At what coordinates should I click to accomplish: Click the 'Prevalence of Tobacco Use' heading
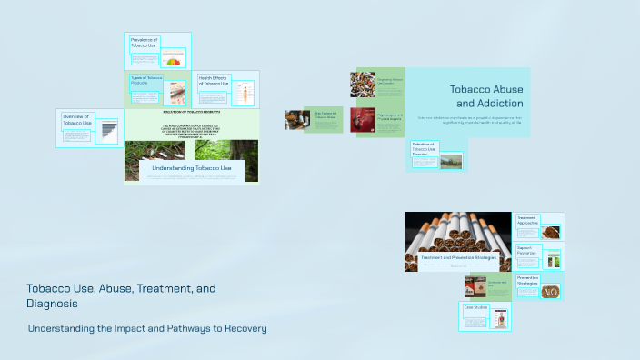pyautogui.click(x=145, y=44)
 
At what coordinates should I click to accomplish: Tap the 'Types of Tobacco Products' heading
pyautogui.click(x=145, y=81)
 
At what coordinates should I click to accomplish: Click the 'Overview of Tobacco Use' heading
pyautogui.click(x=77, y=119)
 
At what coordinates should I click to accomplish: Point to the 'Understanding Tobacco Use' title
pyautogui.click(x=192, y=168)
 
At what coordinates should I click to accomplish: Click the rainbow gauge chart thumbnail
pyautogui.click(x=172, y=62)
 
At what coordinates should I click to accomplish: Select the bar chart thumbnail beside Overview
pyautogui.click(x=107, y=131)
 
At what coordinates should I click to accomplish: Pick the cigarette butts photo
pyautogui.click(x=363, y=84)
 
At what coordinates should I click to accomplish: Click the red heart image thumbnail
pyautogui.click(x=363, y=120)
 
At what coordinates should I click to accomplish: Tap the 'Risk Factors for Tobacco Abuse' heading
pyautogui.click(x=325, y=115)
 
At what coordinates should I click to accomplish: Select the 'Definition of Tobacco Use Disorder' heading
pyautogui.click(x=425, y=148)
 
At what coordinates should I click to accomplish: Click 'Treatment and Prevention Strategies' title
pyautogui.click(x=458, y=257)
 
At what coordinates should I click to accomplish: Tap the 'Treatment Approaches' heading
pyautogui.click(x=528, y=220)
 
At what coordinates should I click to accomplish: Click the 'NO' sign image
pyautogui.click(x=551, y=292)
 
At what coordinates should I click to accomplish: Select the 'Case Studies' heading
pyautogui.click(x=476, y=307)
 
